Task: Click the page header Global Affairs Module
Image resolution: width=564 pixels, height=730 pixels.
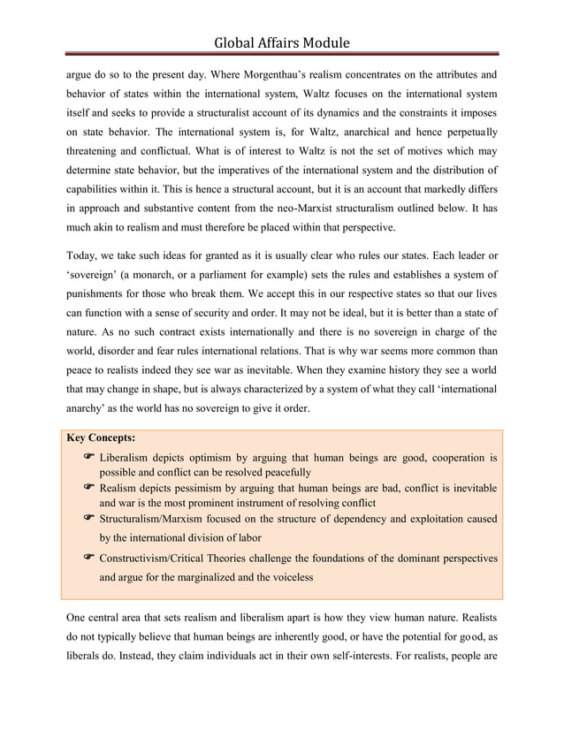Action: tap(282, 42)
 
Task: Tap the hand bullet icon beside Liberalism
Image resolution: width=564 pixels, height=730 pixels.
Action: tap(88, 458)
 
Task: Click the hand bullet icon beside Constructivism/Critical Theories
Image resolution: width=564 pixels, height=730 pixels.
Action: tap(88, 559)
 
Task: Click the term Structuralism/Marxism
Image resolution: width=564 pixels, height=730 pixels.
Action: tap(156, 518)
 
